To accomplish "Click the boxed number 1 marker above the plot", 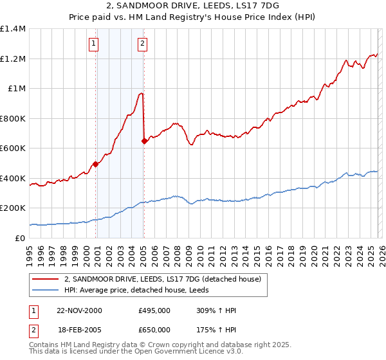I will (x=94, y=44).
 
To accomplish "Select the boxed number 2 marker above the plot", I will (x=142, y=44).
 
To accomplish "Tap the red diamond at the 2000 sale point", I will (x=96, y=164).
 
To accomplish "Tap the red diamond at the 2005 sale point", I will (x=144, y=141).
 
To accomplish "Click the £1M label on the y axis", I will (x=17, y=89).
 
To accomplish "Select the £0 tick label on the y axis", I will (x=21, y=238).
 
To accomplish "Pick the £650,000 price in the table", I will (x=154, y=330).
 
